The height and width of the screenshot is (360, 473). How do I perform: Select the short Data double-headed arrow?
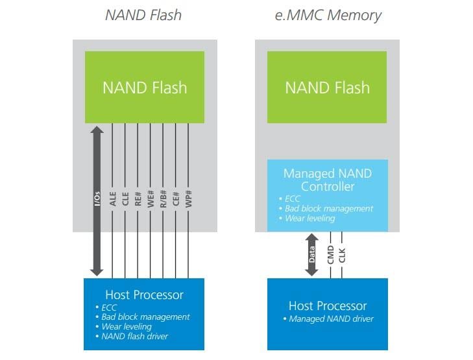(x=312, y=254)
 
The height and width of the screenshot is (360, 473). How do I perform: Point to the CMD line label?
(x=331, y=254)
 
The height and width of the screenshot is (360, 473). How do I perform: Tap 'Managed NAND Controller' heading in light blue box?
(x=327, y=180)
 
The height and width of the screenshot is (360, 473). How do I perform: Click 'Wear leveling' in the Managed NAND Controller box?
(x=310, y=218)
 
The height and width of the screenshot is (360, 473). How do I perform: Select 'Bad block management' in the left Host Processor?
(x=146, y=317)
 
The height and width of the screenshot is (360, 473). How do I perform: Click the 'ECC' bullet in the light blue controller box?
(x=293, y=198)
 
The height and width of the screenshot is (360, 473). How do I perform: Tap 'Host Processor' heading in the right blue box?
(x=328, y=306)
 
